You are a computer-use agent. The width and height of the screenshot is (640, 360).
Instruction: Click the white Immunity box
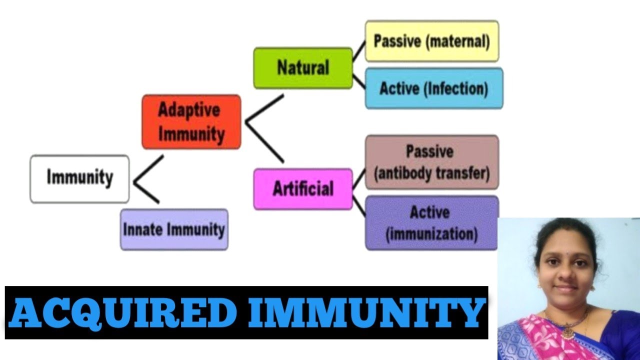(x=79, y=178)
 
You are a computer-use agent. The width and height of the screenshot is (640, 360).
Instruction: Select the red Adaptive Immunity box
(x=191, y=122)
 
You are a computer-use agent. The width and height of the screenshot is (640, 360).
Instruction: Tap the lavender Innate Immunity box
(x=174, y=229)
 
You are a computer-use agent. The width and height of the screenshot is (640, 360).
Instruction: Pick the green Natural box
(x=303, y=68)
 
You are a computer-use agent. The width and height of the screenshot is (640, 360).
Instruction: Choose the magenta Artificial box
(x=303, y=188)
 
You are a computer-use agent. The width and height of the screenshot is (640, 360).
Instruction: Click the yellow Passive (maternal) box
(x=431, y=41)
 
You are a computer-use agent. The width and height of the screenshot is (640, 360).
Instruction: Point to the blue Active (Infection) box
(x=433, y=88)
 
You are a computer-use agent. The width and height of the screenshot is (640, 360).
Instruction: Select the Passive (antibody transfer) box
(x=431, y=162)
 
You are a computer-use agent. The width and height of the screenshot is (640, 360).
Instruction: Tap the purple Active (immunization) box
(x=431, y=222)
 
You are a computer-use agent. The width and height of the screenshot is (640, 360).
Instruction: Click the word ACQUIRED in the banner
(x=122, y=313)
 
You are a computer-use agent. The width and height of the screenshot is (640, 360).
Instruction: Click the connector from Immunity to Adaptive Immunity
(x=149, y=168)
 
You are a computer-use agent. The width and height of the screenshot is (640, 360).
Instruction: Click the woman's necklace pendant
(x=567, y=332)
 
